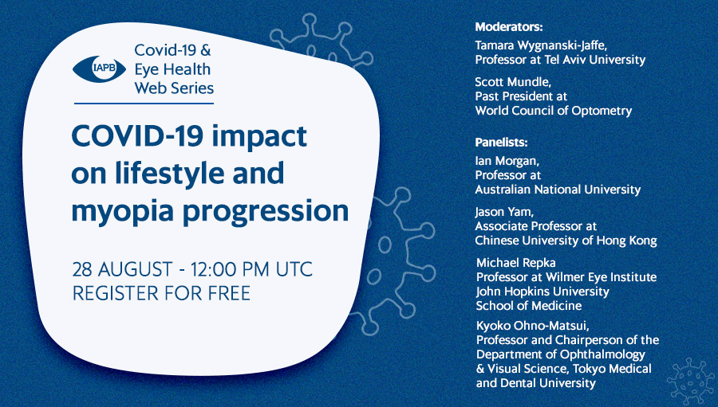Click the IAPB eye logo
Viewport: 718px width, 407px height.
pos(99,69)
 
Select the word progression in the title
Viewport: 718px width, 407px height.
pos(266,212)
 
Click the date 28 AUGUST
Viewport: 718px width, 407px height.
pos(122,269)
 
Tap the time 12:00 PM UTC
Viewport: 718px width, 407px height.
pos(251,269)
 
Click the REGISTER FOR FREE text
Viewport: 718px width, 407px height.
pos(161,293)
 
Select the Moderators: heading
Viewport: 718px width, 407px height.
pos(509,27)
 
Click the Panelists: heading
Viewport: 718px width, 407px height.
pos(502,143)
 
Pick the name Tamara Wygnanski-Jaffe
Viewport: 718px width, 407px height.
pos(541,45)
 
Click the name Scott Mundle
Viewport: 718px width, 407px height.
pos(513,82)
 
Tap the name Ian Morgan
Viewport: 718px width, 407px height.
pos(507,162)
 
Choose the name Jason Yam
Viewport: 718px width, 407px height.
pos(504,212)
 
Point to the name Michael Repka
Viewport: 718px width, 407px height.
pos(515,263)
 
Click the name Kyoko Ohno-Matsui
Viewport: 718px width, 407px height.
pos(533,326)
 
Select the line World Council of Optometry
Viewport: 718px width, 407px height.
pos(553,111)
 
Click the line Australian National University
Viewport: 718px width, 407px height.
pos(558,190)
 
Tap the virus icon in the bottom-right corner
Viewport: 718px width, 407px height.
pos(691,381)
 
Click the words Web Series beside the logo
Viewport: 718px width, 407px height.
pos(174,88)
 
